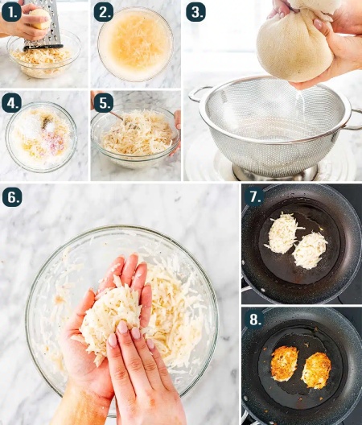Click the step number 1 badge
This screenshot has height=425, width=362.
[11, 12]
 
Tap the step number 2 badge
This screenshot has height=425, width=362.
[104, 12]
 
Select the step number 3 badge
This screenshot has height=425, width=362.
[196, 12]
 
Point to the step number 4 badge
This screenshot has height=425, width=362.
[11, 103]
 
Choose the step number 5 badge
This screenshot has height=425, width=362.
[104, 103]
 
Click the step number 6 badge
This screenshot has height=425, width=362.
[12, 197]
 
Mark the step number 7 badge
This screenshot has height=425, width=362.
[254, 196]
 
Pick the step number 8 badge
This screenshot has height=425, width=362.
[254, 320]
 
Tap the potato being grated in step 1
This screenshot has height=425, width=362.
[40, 19]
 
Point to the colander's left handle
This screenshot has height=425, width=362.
[197, 95]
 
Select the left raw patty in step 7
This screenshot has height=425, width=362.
[282, 233]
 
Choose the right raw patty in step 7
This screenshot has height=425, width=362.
[310, 250]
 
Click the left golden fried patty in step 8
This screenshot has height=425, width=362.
[284, 363]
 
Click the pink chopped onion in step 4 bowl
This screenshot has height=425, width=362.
[56, 143]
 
